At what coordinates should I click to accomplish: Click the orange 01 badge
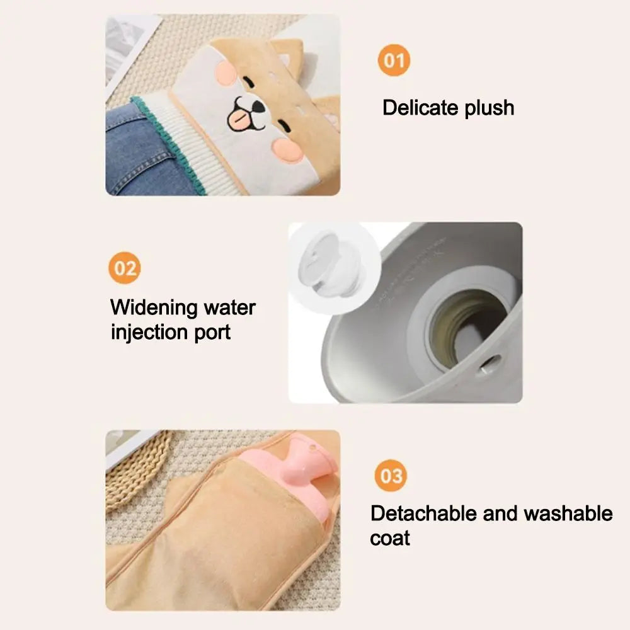pyautogui.click(x=394, y=61)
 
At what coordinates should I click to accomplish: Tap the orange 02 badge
pyautogui.click(x=125, y=268)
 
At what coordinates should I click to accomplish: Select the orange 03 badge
pyautogui.click(x=391, y=475)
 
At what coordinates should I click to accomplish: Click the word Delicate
pyautogui.click(x=421, y=108)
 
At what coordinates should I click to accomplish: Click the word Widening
pyautogui.click(x=154, y=308)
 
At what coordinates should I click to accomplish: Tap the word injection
pyautogui.click(x=148, y=332)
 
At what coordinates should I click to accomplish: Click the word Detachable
pyautogui.click(x=423, y=513)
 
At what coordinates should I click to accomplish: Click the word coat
pyautogui.click(x=390, y=539)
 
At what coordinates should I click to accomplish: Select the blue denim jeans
pyautogui.click(x=135, y=151)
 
